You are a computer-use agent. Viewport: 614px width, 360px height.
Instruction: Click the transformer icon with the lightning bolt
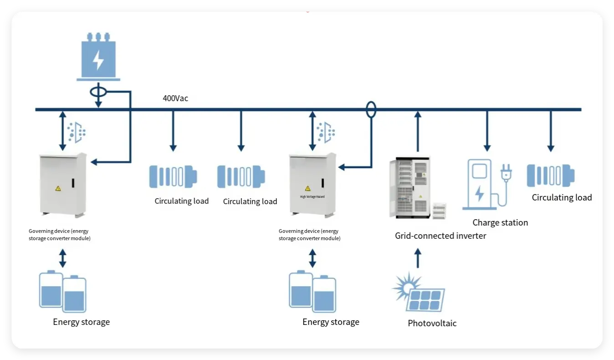click(x=98, y=57)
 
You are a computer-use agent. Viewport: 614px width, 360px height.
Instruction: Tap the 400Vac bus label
click(x=175, y=98)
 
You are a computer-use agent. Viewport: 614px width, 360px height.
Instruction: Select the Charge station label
click(x=500, y=222)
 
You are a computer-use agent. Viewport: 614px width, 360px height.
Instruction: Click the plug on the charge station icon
click(x=506, y=173)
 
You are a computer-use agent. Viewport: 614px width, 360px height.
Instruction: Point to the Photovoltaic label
click(x=432, y=323)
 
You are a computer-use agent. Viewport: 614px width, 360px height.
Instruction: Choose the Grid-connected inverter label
click(x=440, y=236)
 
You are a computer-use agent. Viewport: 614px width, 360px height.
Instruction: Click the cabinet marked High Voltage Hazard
click(x=312, y=185)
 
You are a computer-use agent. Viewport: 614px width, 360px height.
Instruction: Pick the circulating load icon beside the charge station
click(x=550, y=175)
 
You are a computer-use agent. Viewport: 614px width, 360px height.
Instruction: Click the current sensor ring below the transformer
click(x=98, y=92)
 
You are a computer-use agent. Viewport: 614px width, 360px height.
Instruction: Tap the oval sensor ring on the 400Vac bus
click(x=371, y=109)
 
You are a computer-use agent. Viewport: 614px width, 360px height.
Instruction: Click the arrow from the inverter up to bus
click(x=418, y=132)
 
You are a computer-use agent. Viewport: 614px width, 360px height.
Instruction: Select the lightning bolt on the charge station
click(x=479, y=193)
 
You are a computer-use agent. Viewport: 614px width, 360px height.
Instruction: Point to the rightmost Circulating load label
click(x=562, y=197)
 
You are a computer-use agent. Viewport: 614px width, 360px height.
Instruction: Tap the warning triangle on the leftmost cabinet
click(x=58, y=188)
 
